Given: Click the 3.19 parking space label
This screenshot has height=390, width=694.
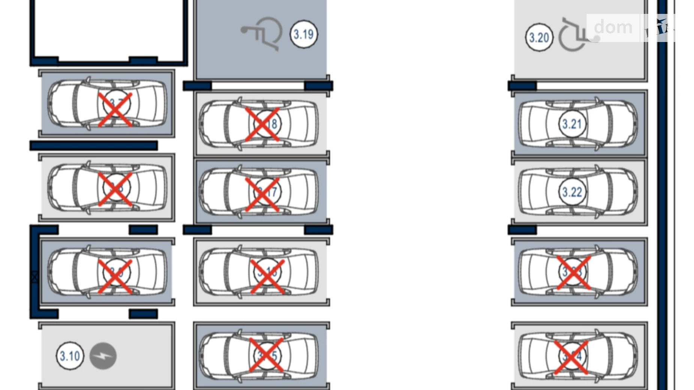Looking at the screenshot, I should point(303,34).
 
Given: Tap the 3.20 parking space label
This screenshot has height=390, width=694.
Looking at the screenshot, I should point(539,37).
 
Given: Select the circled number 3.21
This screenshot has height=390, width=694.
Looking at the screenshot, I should point(572,124).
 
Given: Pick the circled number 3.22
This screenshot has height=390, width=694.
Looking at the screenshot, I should point(572,192).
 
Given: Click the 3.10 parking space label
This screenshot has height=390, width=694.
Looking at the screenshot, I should point(70,355).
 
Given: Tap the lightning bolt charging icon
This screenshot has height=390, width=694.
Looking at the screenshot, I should point(103,356).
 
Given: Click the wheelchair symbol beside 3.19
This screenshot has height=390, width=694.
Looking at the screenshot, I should point(262,33).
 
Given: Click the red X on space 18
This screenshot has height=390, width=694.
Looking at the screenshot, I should point(262,124).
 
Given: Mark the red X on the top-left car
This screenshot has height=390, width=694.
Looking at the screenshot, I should point(115,110).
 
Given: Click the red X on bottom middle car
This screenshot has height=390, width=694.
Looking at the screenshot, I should point(266,355).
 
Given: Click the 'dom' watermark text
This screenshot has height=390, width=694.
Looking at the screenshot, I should point(613,27).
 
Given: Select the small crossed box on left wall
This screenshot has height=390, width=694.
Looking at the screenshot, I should point(35,277).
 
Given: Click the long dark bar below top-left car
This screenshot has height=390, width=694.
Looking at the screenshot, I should point(93,145).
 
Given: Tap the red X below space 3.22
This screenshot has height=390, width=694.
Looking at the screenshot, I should point(574,273).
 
